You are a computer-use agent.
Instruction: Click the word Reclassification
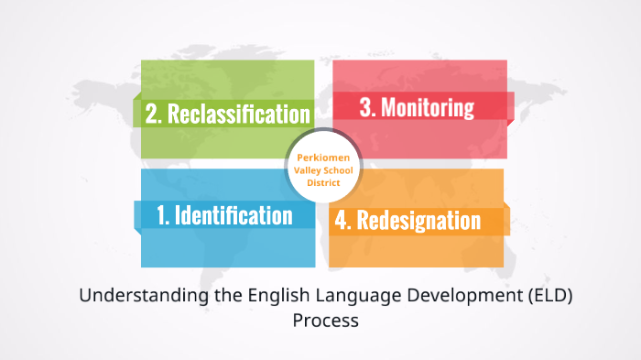[237, 114]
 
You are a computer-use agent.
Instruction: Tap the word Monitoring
[428, 107]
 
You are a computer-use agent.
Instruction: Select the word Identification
[234, 215]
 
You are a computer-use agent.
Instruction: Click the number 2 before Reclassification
[153, 114]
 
